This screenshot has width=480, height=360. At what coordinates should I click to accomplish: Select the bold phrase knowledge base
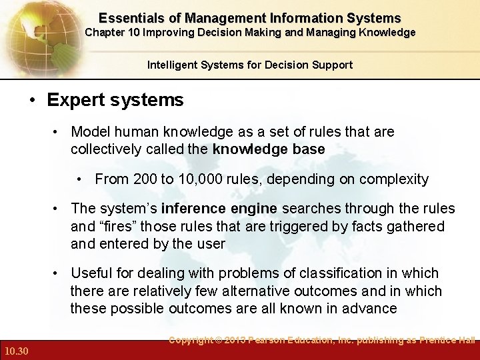[x=268, y=149]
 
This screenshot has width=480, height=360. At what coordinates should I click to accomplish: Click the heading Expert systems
[x=115, y=101]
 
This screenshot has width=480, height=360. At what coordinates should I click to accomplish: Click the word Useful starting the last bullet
[x=90, y=273]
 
